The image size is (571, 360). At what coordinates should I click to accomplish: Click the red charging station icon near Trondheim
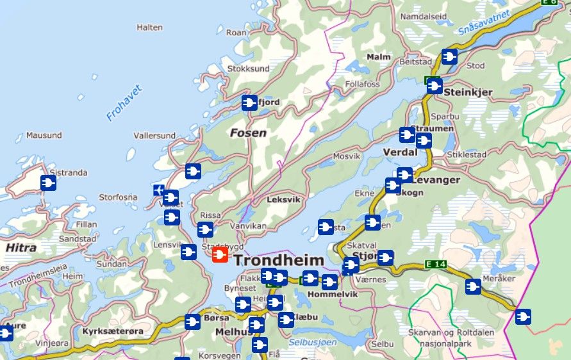click(220, 256)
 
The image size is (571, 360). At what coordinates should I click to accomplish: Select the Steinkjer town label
click(468, 92)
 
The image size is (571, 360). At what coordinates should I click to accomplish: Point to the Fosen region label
click(248, 133)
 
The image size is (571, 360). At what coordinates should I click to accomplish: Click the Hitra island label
click(21, 247)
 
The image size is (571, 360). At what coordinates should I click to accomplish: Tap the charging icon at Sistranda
click(48, 183)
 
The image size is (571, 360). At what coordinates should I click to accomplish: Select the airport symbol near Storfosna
click(158, 190)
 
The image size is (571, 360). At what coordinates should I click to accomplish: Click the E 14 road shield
click(436, 264)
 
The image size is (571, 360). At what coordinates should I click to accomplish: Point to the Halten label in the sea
click(149, 27)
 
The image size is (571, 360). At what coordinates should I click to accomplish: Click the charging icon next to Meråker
click(473, 287)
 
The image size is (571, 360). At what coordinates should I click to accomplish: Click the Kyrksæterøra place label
click(111, 332)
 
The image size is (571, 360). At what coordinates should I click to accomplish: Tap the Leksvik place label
click(283, 199)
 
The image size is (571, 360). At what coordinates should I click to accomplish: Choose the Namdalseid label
click(424, 15)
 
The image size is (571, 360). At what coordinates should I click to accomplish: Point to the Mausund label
click(44, 135)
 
